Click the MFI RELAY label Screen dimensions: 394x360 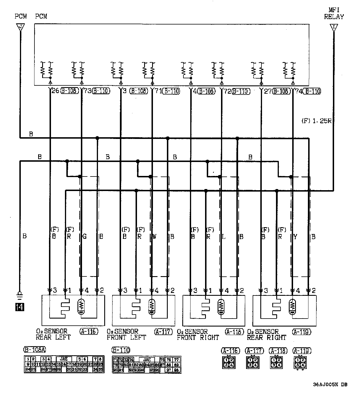[334, 14]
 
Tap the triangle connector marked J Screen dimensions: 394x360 [20, 27]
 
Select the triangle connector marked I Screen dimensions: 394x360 [334, 27]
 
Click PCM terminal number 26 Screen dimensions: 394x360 [55, 91]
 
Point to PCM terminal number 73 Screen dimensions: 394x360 [87, 91]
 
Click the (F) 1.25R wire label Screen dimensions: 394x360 [316, 121]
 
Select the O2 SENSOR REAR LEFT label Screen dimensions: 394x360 [53, 335]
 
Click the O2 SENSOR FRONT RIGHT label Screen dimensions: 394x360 [198, 335]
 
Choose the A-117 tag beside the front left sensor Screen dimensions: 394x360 [163, 332]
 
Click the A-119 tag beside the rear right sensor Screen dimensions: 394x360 [301, 332]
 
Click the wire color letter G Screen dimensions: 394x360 [84, 236]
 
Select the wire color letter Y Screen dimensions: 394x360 [295, 236]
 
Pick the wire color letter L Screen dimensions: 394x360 [224, 236]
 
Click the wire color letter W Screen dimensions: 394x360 [154, 236]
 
